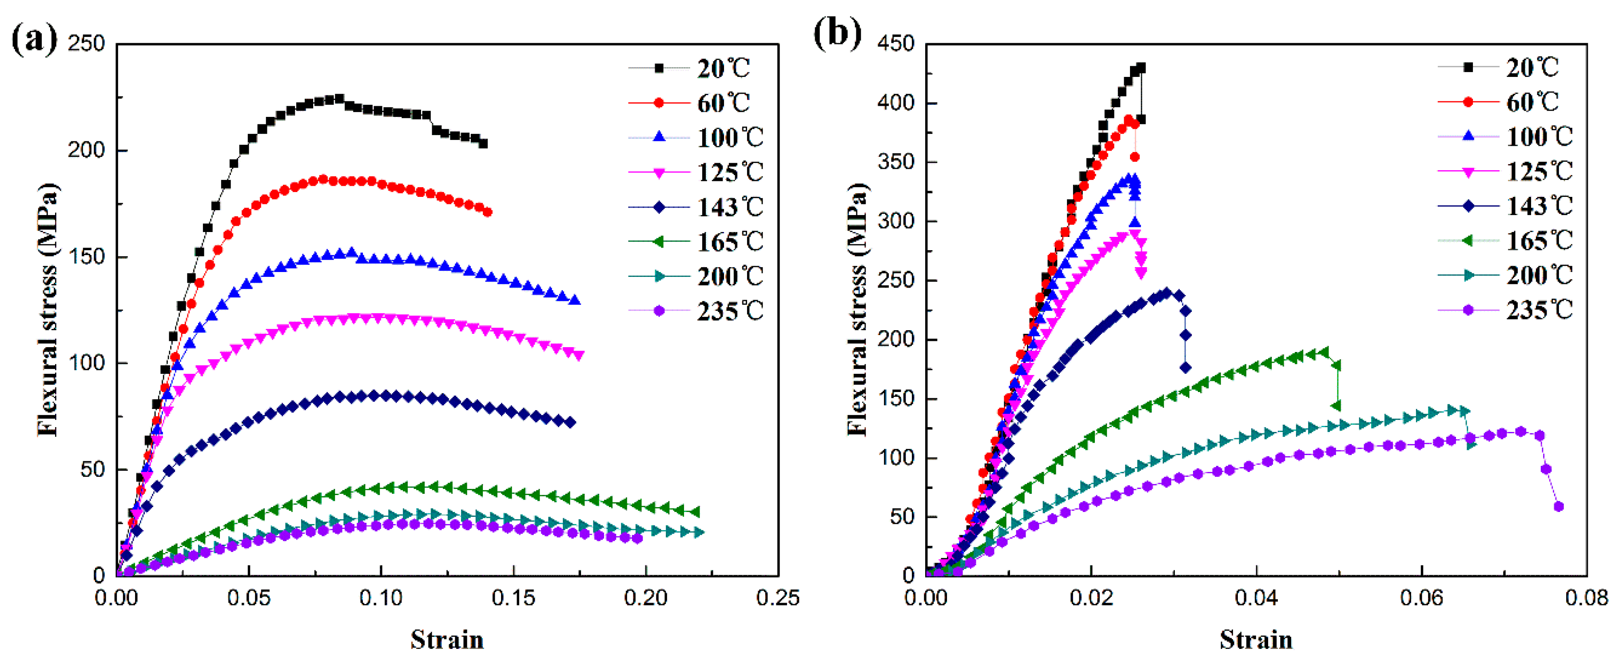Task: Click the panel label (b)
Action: coord(837,32)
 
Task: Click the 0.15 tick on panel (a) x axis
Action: coord(513,598)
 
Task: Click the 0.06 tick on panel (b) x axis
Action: coord(1421,598)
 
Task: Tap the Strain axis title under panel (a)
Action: coord(447,640)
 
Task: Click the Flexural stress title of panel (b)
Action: coord(857,309)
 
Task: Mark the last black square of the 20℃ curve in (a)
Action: coord(483,144)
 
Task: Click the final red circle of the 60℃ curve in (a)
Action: coord(487,212)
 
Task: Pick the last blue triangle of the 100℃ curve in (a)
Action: coord(574,300)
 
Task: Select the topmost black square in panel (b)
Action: coord(1141,68)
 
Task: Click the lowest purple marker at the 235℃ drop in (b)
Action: coord(1559,507)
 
